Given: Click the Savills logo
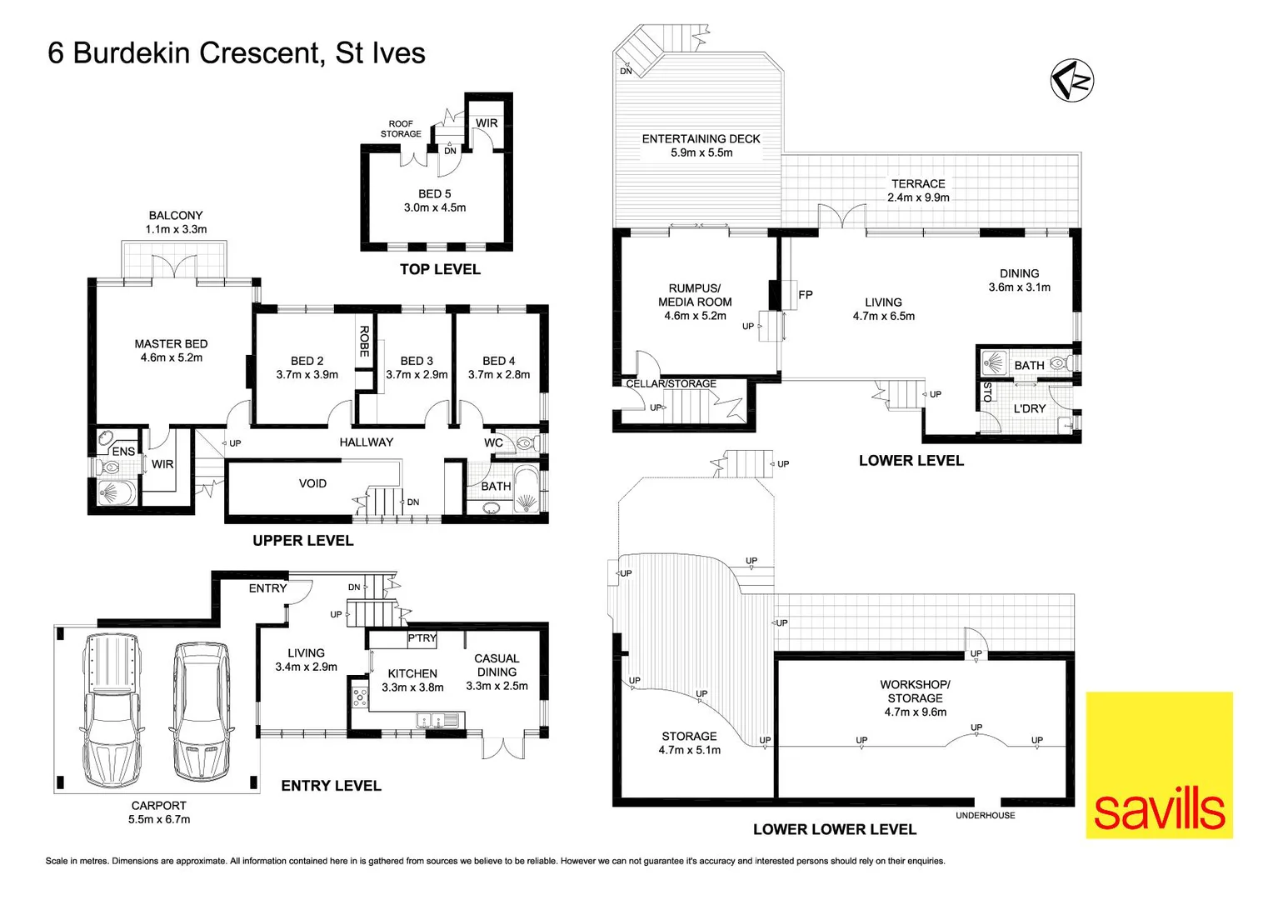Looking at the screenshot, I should (1159, 764).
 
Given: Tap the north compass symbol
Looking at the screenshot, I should (1071, 81).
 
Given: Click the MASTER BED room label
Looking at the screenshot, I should (171, 343).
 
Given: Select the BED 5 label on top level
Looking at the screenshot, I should (435, 193).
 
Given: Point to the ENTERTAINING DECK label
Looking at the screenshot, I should (701, 139).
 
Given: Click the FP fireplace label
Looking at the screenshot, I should (806, 294).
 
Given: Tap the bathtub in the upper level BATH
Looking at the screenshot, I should (527, 491).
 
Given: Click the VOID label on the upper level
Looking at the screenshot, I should (312, 483).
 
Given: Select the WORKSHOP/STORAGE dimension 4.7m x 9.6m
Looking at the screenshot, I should (915, 712).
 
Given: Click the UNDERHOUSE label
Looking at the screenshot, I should (985, 815).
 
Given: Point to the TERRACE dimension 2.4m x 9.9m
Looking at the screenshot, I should (918, 197).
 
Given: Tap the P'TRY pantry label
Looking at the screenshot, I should (422, 638).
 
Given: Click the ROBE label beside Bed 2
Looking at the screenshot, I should (364, 341).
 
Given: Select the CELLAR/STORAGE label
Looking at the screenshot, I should (671, 383).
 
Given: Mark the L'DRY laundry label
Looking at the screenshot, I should (1029, 408).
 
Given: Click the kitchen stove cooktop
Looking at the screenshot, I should (359, 694).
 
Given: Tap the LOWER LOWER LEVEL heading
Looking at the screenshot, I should (834, 829).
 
